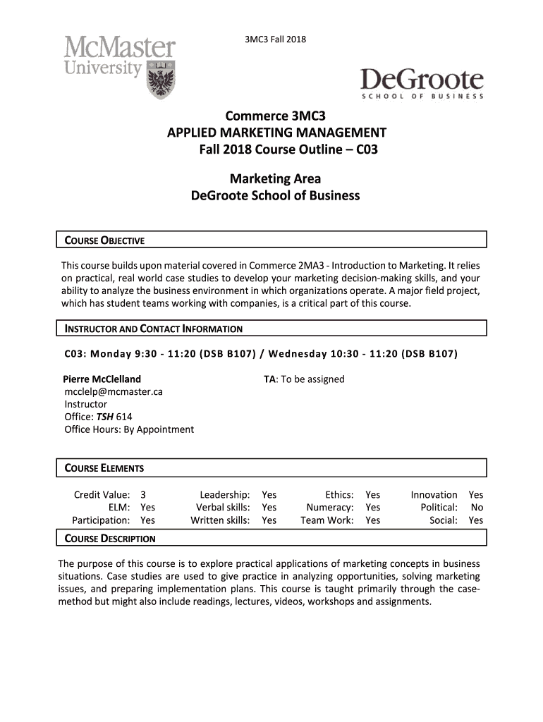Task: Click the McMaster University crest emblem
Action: point(161,79)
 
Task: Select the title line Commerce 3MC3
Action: point(276,116)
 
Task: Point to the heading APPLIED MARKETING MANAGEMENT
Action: point(276,133)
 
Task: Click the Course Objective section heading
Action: point(104,240)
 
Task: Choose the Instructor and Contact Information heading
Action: point(154,329)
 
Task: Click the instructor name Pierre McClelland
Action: point(102,379)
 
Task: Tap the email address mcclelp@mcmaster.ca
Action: point(114,392)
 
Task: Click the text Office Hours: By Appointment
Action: point(129,429)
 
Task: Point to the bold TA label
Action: point(269,379)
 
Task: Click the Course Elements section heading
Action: point(104,468)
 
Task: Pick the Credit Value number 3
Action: point(143,495)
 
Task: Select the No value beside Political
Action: point(477,508)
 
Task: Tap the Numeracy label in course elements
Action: point(330,508)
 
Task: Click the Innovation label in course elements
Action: point(434,495)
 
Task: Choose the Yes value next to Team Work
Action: point(372,520)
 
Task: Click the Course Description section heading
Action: point(110,539)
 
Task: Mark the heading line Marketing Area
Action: point(275,179)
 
